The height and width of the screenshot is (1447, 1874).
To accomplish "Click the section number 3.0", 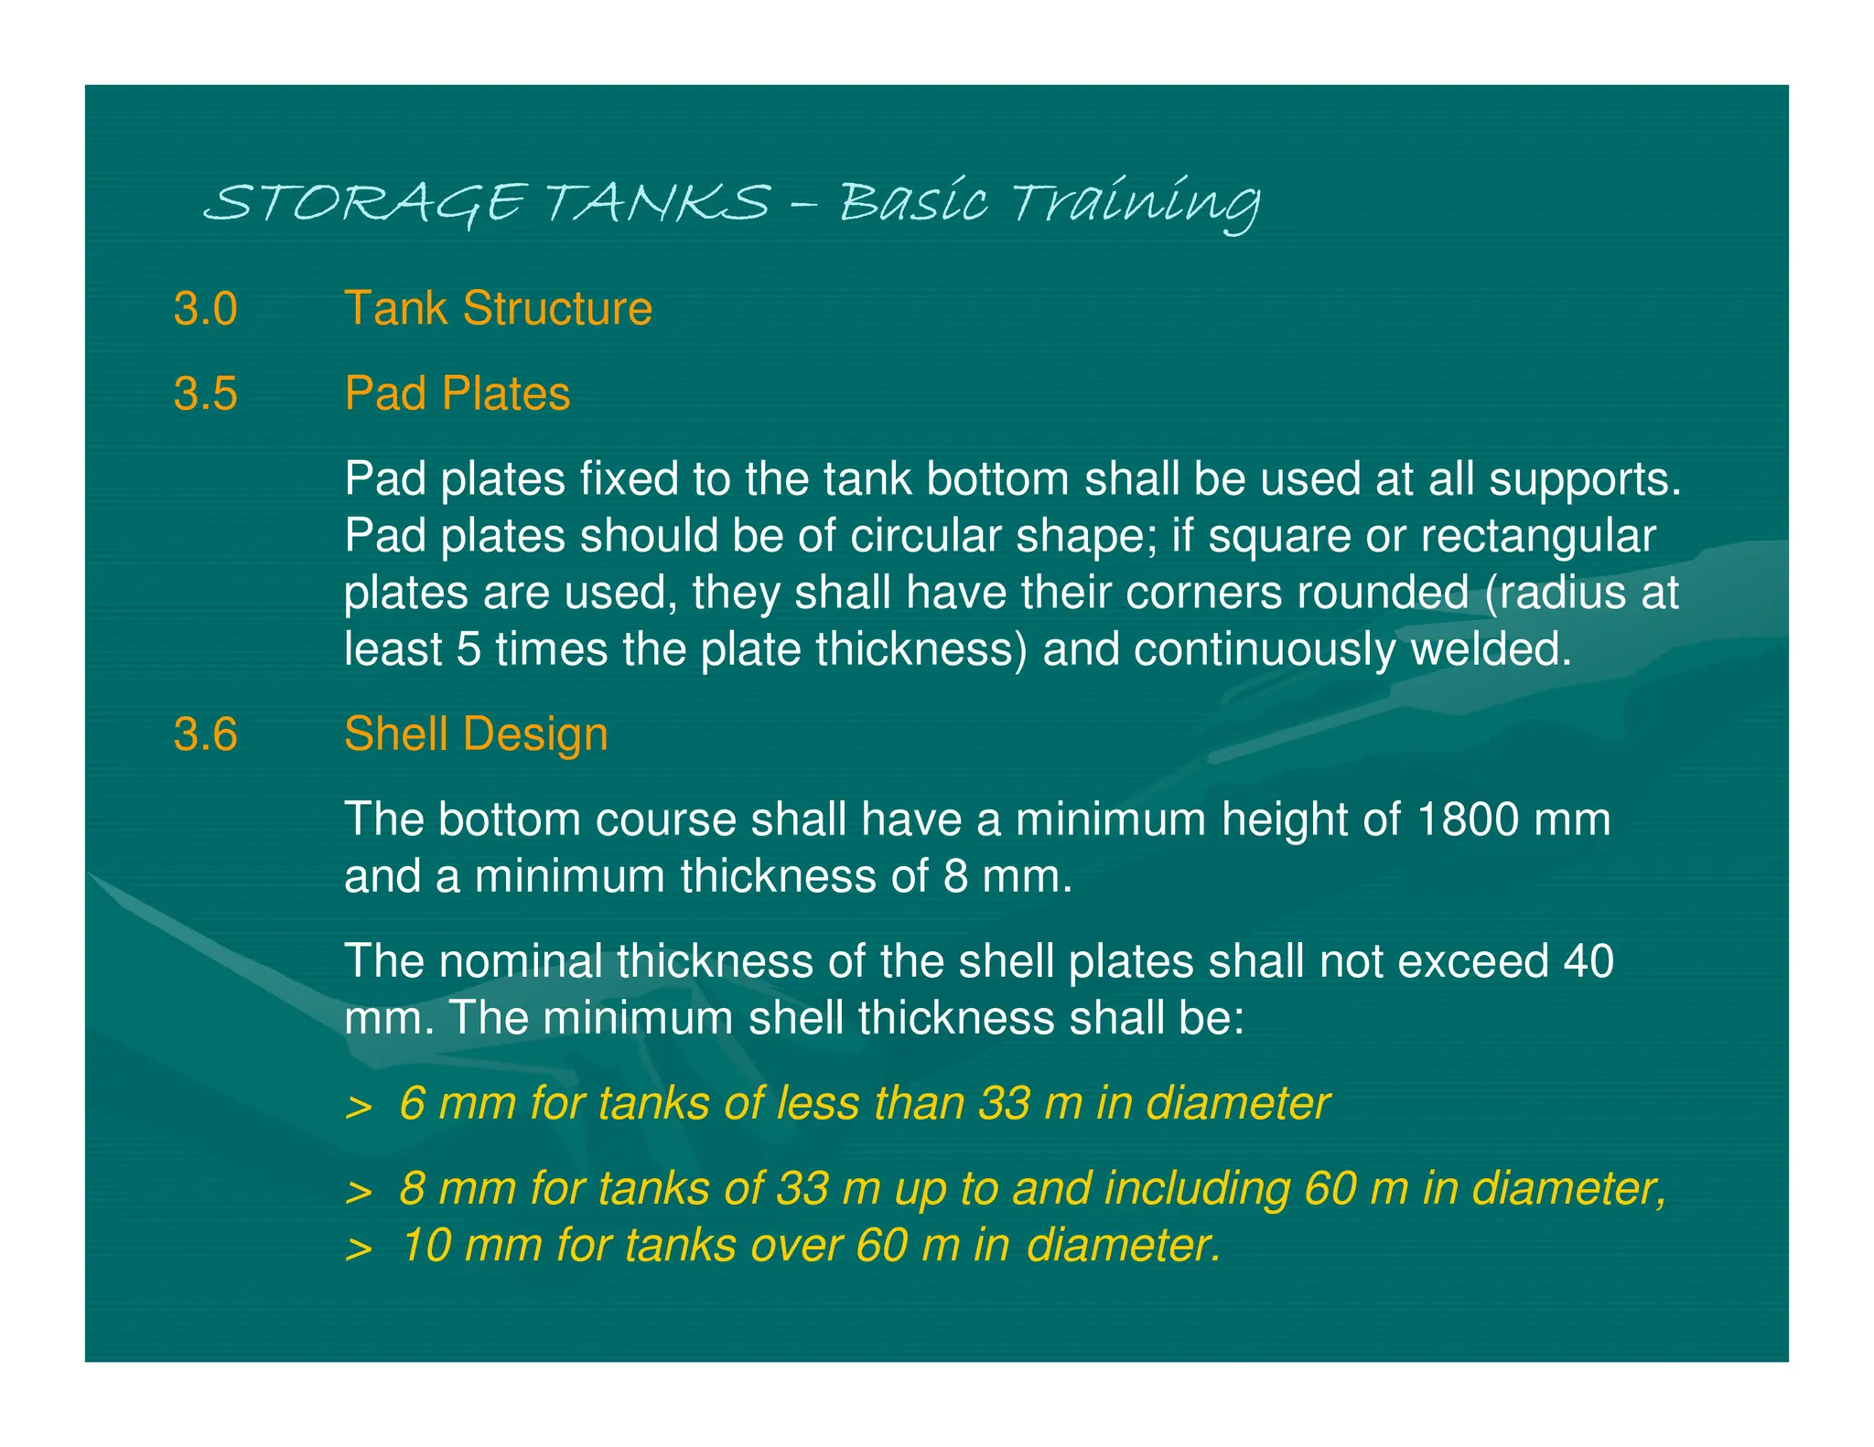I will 205,309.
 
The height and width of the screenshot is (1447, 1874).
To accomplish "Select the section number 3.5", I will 205,394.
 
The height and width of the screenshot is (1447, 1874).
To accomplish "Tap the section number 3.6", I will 205,734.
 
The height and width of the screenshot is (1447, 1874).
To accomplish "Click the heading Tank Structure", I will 498,308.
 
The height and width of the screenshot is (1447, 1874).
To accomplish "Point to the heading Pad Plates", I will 457,394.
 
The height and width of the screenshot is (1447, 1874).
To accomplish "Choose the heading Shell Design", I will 476,734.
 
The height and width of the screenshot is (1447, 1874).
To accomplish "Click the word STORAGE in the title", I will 366,203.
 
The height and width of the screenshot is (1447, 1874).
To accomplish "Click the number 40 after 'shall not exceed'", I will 1588,961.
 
